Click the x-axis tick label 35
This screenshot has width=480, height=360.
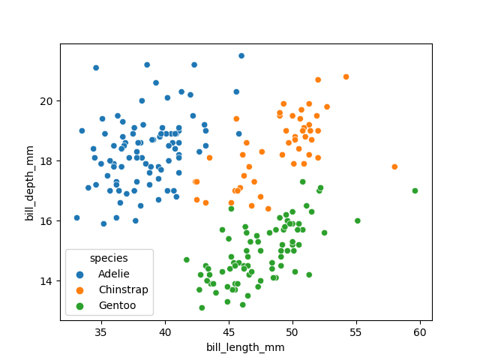(x=100, y=331)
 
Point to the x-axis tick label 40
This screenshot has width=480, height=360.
(x=164, y=331)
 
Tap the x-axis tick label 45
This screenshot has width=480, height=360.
(x=229, y=331)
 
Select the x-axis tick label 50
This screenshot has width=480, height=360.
(x=292, y=331)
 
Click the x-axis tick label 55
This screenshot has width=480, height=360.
(x=356, y=331)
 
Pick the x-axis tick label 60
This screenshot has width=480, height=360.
(x=420, y=331)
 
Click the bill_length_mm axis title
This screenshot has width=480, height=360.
(x=246, y=347)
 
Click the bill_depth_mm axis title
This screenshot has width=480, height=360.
(x=30, y=182)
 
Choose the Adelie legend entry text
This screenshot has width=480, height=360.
(x=114, y=274)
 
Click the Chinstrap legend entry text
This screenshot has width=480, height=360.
(x=123, y=289)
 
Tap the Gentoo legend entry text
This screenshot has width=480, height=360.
(x=117, y=305)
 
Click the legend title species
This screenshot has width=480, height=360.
(x=109, y=258)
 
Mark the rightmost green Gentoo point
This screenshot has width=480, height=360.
(x=415, y=190)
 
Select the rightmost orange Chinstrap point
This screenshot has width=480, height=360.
(x=394, y=166)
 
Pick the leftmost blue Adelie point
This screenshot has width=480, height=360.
(x=76, y=217)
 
